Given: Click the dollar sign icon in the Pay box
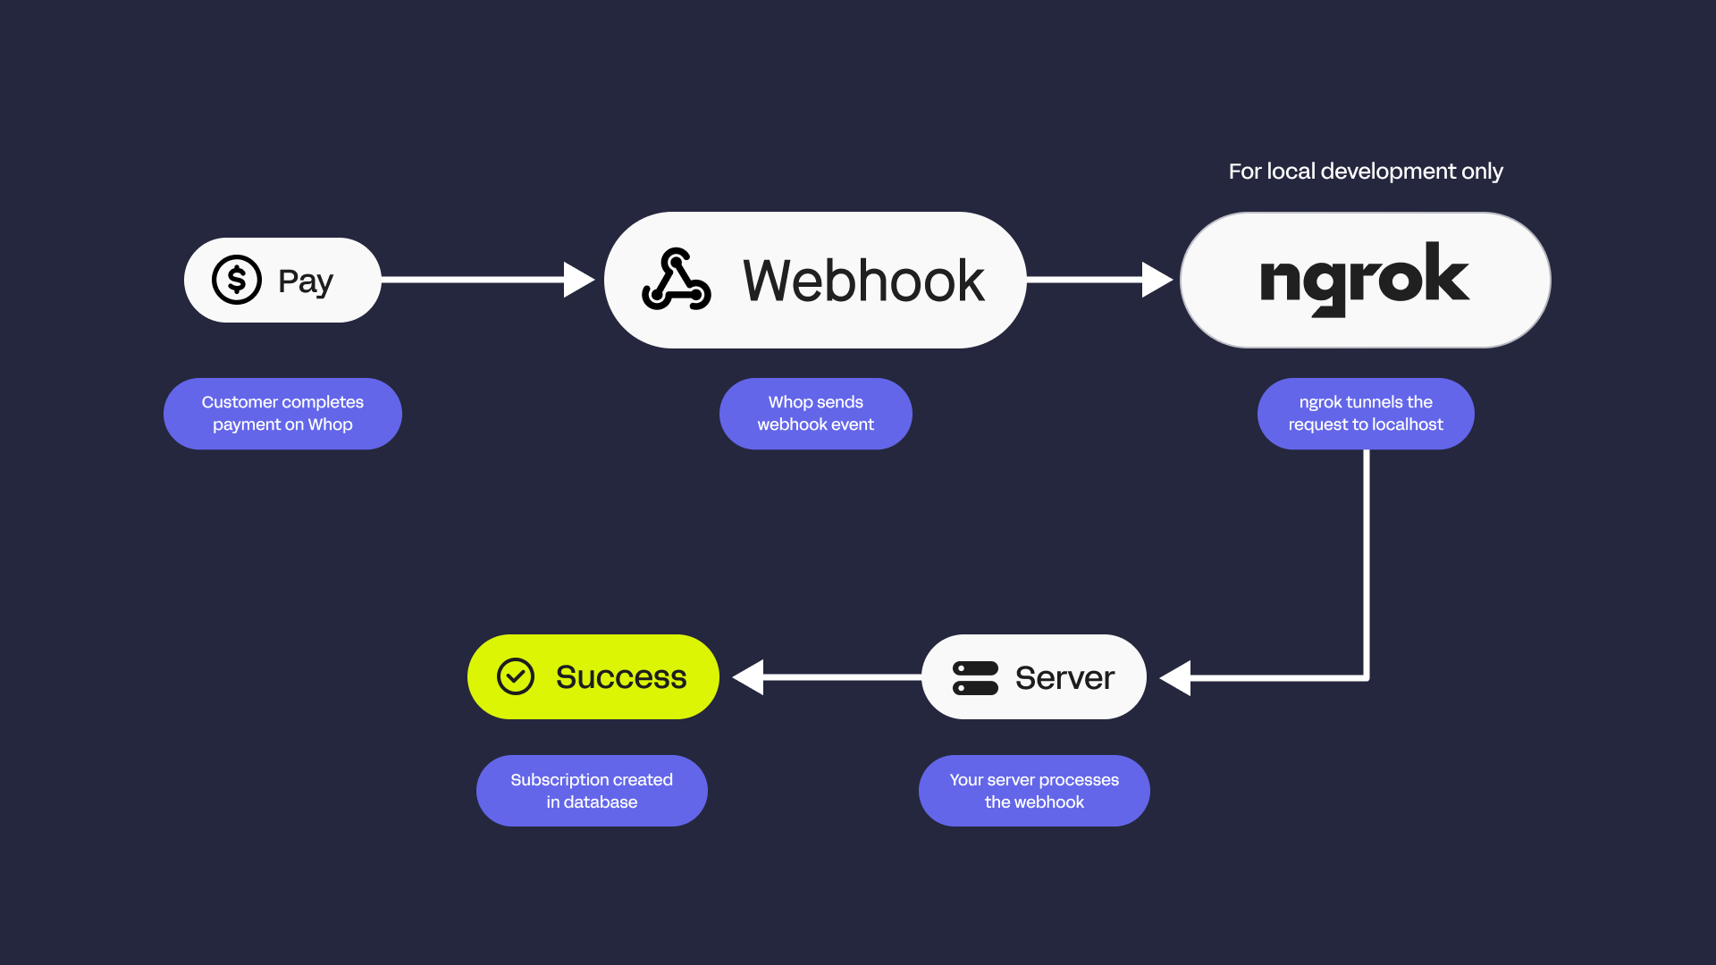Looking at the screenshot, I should pyautogui.click(x=237, y=280).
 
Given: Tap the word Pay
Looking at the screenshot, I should pyautogui.click(x=306, y=281).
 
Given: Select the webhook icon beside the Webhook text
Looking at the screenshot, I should pyautogui.click(x=677, y=280).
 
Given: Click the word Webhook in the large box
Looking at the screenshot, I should pyautogui.click(x=863, y=281).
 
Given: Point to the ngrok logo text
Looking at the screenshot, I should pyautogui.click(x=1364, y=278).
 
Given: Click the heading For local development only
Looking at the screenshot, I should pyautogui.click(x=1366, y=171).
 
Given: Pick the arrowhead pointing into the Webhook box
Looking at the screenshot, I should pyautogui.click(x=579, y=280).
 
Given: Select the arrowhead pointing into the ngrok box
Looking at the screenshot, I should pyautogui.click(x=1157, y=280).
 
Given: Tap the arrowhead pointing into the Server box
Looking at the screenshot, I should pyautogui.click(x=1175, y=678).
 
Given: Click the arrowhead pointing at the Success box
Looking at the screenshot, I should pyautogui.click(x=748, y=677).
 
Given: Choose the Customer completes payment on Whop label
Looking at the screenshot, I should pyautogui.click(x=282, y=414).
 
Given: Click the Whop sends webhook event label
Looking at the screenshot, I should pyautogui.click(x=816, y=414).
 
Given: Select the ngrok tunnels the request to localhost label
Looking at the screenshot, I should pyautogui.click(x=1366, y=414).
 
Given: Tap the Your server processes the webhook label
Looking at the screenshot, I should pyautogui.click(x=1034, y=791).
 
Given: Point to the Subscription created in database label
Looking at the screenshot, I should pyautogui.click(x=592, y=791).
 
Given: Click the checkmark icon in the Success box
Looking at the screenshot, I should pyautogui.click(x=516, y=676).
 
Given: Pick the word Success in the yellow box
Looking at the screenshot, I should pyautogui.click(x=621, y=677).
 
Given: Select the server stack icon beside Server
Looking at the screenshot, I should pyautogui.click(x=975, y=677).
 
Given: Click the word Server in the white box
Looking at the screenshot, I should pyautogui.click(x=1064, y=678).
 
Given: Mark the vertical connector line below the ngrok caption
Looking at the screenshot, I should pyautogui.click(x=1367, y=563).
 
